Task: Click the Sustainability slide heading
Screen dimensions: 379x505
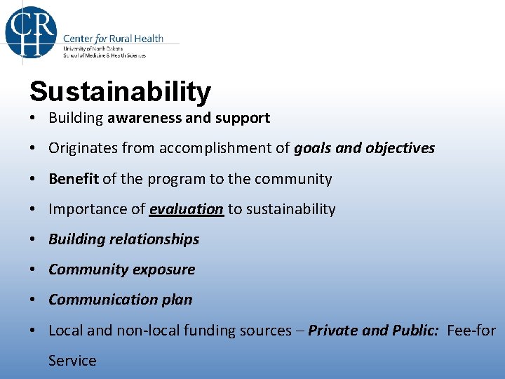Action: (x=120, y=91)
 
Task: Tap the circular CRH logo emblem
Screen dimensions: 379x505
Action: (x=31, y=30)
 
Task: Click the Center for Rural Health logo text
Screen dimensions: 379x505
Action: (x=113, y=38)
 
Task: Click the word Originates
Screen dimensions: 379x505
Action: (x=82, y=148)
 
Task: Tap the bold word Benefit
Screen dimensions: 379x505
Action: (x=74, y=179)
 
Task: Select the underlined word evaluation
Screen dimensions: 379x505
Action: (x=187, y=209)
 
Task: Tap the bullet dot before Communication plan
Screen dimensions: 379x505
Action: (x=34, y=300)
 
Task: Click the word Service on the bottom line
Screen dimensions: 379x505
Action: (x=72, y=361)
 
